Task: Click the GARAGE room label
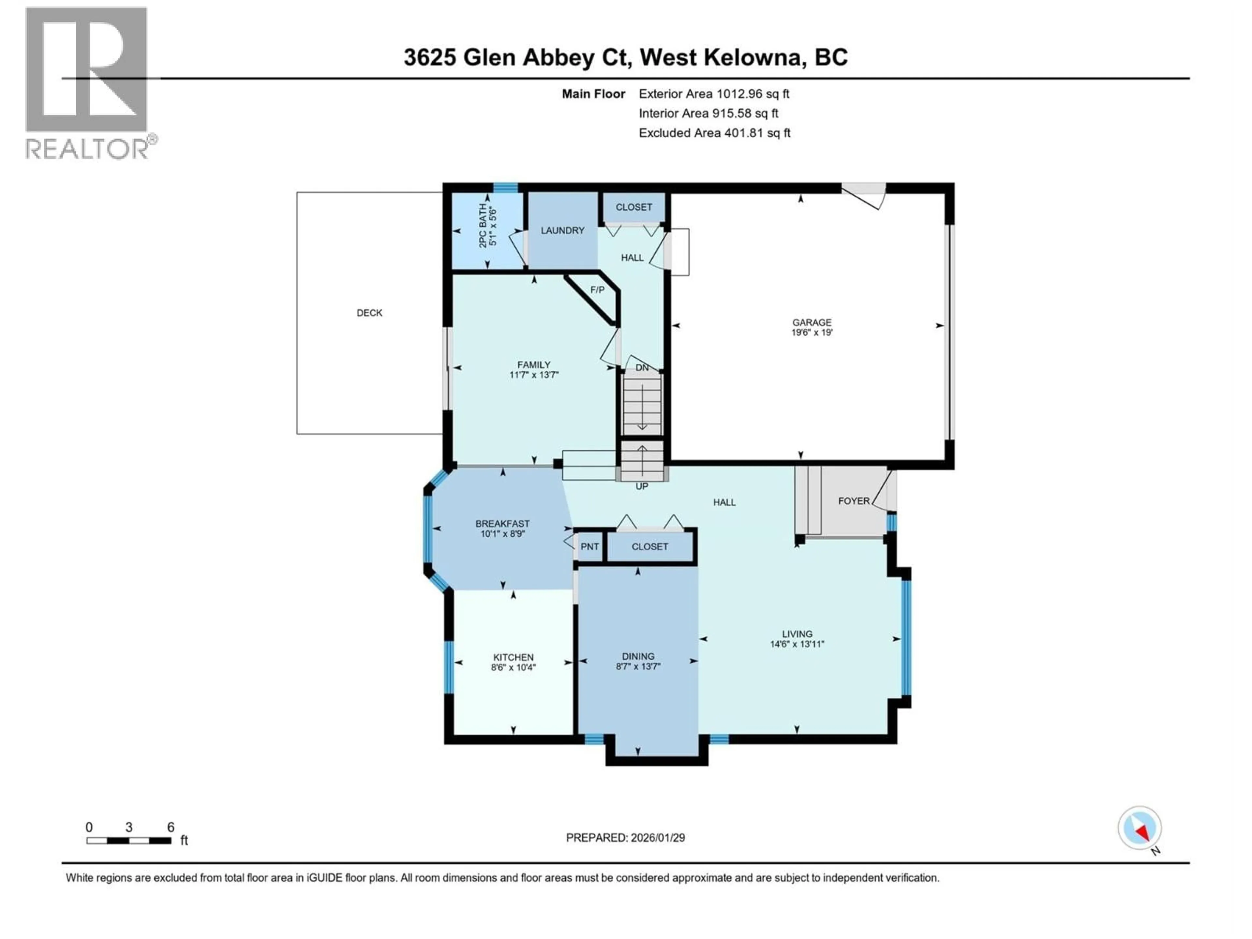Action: (812, 322)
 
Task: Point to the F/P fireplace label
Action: (597, 290)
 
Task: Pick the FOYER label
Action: (854, 501)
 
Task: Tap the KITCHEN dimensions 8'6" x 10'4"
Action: (514, 667)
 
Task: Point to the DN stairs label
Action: (642, 367)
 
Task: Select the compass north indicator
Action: (1140, 828)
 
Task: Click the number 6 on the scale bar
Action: (171, 827)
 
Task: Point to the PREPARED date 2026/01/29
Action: (625, 838)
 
